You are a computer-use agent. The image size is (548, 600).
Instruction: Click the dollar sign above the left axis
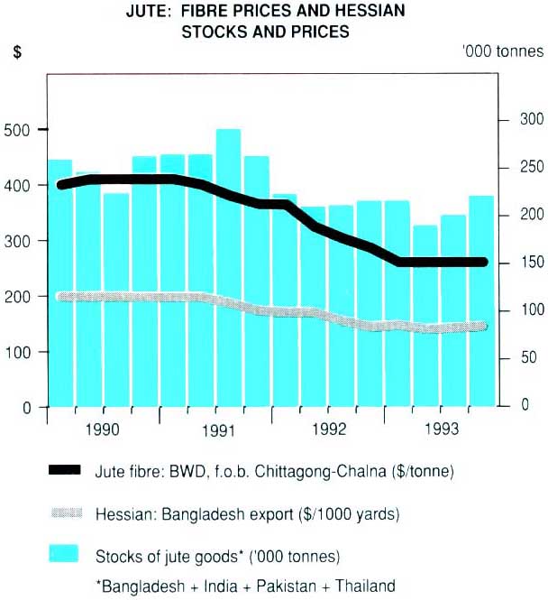point(17,51)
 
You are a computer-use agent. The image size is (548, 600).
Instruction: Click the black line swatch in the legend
point(63,470)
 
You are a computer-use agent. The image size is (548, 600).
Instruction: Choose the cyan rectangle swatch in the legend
point(63,552)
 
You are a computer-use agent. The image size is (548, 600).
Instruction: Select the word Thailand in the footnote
point(363,586)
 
